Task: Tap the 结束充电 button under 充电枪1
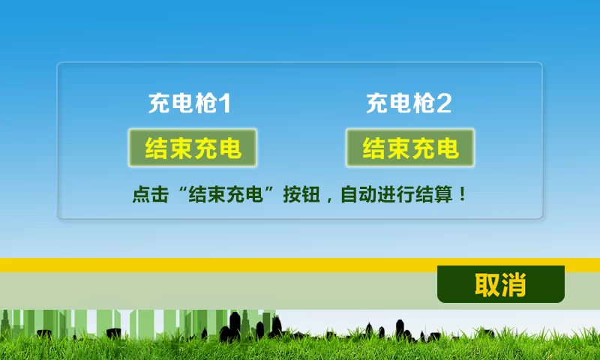[x=193, y=148]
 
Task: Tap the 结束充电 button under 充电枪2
[x=410, y=148]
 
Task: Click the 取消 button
[x=501, y=283]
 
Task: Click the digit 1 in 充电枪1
[x=226, y=103]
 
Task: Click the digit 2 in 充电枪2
[x=444, y=103]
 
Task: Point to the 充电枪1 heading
[x=190, y=103]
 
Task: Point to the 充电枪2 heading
[x=409, y=103]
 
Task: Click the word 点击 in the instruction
[x=151, y=194]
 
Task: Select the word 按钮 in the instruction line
[x=301, y=194]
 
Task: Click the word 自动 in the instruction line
[x=358, y=194]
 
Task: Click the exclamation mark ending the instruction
[x=462, y=194]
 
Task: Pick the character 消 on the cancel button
[x=514, y=285]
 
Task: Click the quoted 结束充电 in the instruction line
[x=226, y=194]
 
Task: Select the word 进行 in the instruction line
[x=396, y=194]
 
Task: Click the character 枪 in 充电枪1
[x=207, y=103]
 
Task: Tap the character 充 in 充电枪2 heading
[x=377, y=103]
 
